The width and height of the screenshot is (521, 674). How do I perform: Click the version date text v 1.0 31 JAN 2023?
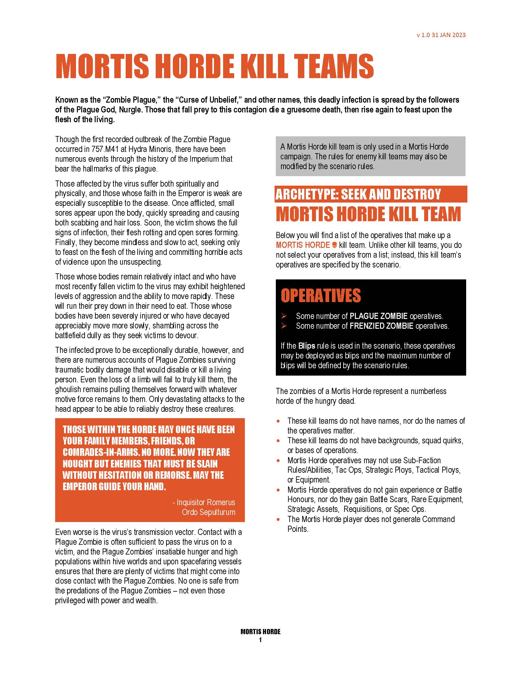441,35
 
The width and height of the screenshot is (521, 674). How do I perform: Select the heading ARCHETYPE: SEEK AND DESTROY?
358,194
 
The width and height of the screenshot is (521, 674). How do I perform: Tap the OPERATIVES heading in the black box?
321,295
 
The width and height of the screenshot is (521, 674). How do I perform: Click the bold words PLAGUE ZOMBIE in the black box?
378,316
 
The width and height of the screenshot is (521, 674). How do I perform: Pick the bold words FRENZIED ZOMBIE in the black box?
381,326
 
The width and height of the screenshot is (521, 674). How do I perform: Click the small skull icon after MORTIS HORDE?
334,245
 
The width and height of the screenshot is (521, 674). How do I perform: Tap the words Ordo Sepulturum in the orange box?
208,512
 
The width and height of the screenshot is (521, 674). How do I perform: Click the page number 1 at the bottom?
260,640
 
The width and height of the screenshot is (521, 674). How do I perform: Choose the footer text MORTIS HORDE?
260,632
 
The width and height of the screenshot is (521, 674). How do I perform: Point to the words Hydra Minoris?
151,150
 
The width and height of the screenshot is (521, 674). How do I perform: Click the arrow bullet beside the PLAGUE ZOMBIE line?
284,316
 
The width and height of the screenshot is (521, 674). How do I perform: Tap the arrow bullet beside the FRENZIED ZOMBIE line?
284,326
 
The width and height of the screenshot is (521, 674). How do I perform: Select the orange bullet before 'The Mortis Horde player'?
279,519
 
